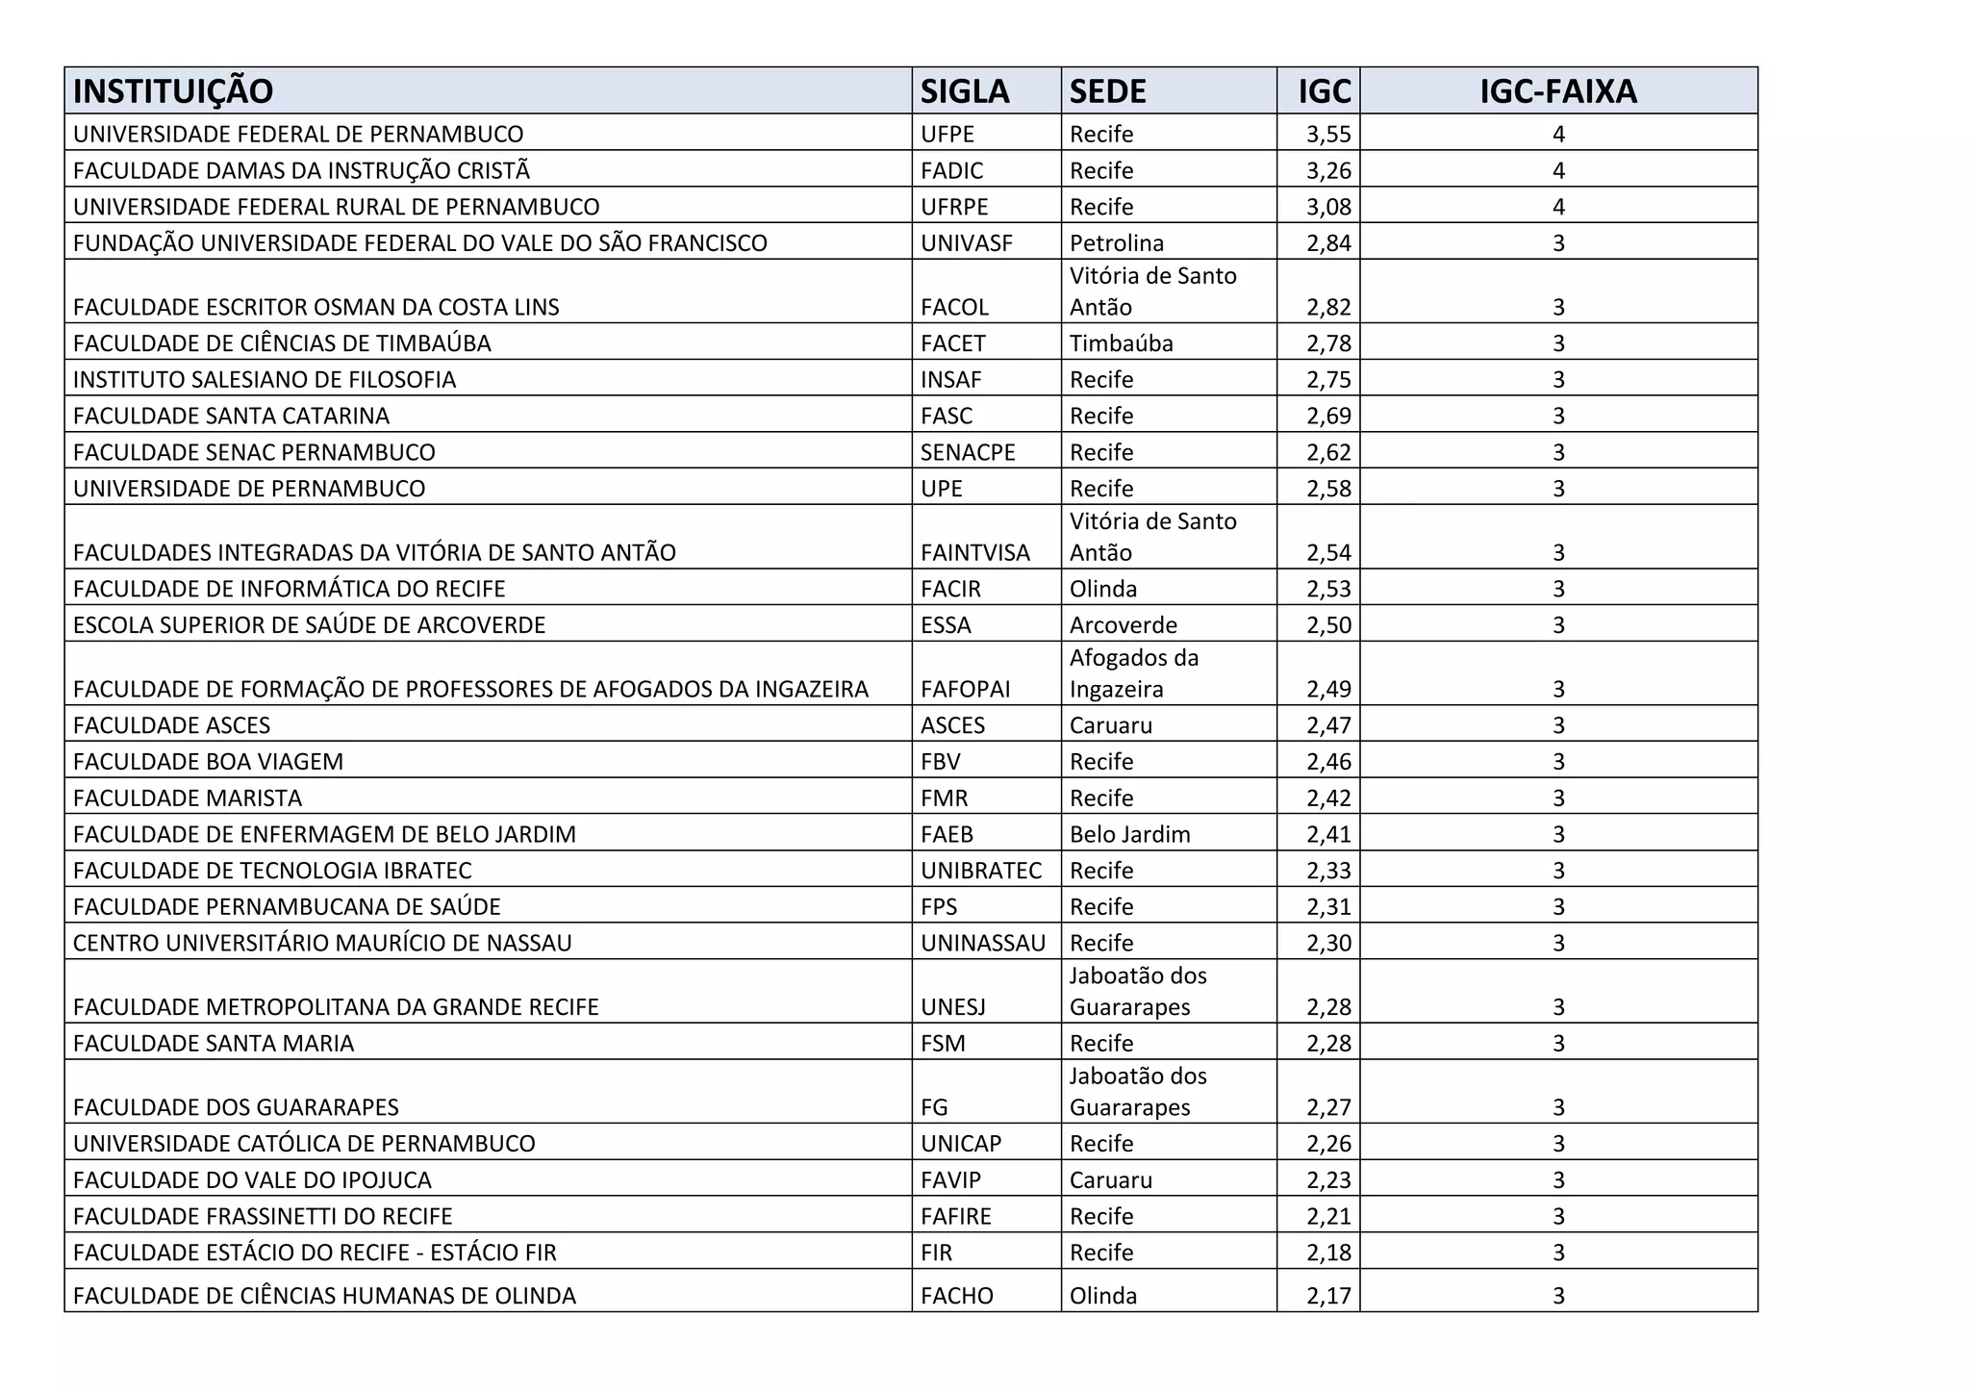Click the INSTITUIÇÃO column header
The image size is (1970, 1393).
(x=173, y=91)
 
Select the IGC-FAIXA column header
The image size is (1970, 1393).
(x=1557, y=91)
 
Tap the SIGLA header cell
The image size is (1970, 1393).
(x=964, y=91)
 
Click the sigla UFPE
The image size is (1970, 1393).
(x=947, y=135)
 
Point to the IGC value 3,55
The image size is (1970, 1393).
(x=1327, y=135)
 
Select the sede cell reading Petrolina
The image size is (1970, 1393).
(x=1116, y=243)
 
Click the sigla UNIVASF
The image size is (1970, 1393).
(x=966, y=243)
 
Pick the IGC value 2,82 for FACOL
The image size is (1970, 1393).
(x=1327, y=308)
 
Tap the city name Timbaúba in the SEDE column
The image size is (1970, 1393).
(x=1121, y=343)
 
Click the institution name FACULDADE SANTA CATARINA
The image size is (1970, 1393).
(x=231, y=417)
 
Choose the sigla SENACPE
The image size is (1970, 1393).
(x=968, y=453)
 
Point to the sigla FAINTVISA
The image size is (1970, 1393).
(x=974, y=553)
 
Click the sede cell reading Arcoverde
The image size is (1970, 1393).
(x=1123, y=625)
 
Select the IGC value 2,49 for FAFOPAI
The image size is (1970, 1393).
(x=1327, y=690)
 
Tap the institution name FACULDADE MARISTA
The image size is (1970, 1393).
(x=188, y=798)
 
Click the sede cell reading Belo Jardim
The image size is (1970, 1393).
(x=1129, y=835)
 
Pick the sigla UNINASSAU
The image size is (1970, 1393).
(x=982, y=944)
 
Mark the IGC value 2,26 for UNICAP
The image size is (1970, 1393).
(x=1327, y=1144)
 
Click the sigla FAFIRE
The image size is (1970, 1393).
(x=955, y=1217)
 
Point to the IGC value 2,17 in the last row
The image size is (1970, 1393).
(x=1327, y=1296)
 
